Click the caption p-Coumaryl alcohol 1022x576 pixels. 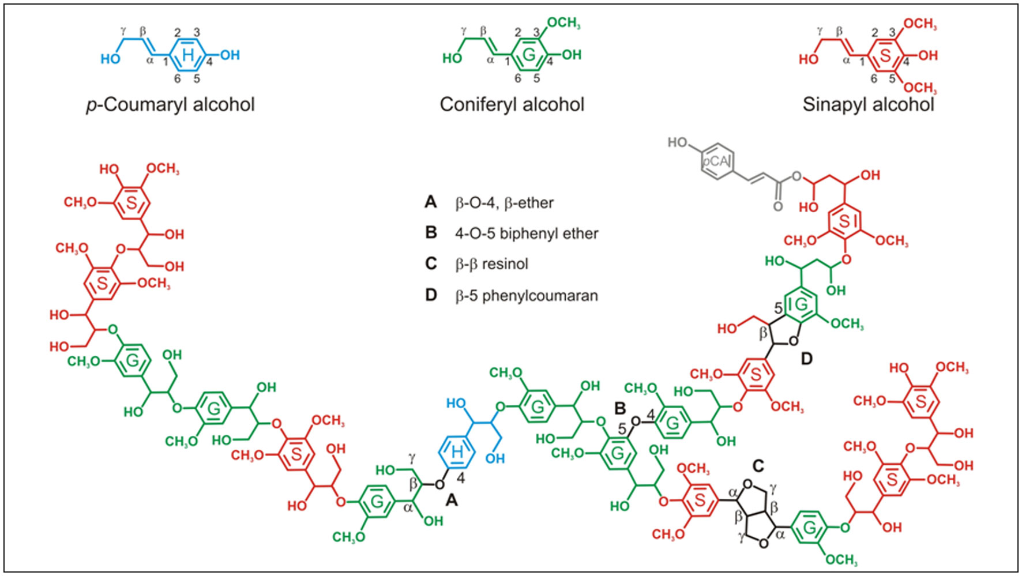(x=171, y=104)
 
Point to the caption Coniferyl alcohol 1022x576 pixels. (x=512, y=104)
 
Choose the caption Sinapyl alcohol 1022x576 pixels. (x=868, y=104)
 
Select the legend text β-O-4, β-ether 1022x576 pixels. (x=504, y=203)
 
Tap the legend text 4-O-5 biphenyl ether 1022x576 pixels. (x=527, y=234)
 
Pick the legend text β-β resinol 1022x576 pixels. (x=491, y=264)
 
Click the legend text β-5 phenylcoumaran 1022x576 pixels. (x=527, y=296)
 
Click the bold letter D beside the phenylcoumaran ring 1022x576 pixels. (x=806, y=359)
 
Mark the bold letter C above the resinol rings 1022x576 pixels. (x=758, y=465)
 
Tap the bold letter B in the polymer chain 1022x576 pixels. (x=620, y=408)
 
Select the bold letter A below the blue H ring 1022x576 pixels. (x=452, y=501)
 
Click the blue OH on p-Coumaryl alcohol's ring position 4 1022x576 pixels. (x=230, y=55)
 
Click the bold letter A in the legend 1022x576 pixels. (x=431, y=202)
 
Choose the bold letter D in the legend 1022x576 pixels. (x=431, y=295)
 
